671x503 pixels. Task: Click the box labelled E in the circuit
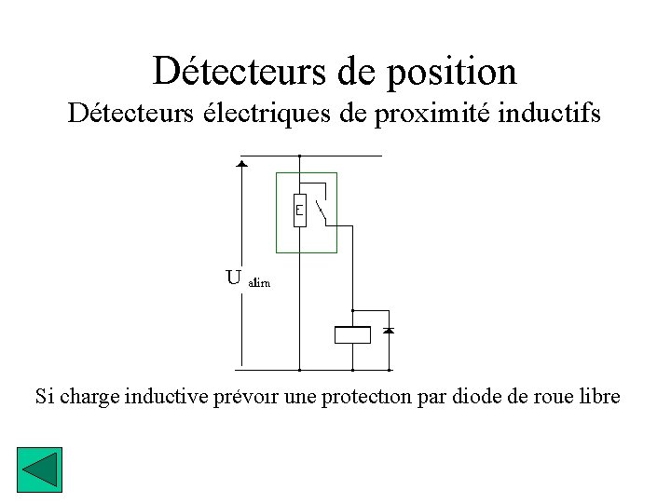pyautogui.click(x=299, y=211)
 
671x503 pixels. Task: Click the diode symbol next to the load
pyautogui.click(x=390, y=331)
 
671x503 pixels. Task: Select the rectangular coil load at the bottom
pyautogui.click(x=352, y=335)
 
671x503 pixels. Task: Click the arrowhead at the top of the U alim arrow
pyautogui.click(x=242, y=164)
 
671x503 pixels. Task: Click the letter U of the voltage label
pyautogui.click(x=234, y=277)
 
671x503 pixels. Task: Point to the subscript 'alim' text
pyautogui.click(x=259, y=282)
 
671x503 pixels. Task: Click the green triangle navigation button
pyautogui.click(x=39, y=470)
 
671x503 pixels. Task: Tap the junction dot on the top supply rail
pyautogui.click(x=299, y=156)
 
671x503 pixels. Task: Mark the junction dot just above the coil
pyautogui.click(x=352, y=309)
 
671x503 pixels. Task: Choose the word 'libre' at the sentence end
pyautogui.click(x=598, y=396)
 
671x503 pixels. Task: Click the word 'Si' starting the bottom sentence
pyautogui.click(x=44, y=396)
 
